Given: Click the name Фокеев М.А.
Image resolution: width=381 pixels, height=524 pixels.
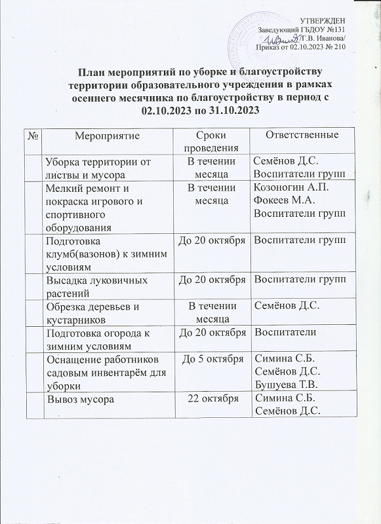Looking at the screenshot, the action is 283,201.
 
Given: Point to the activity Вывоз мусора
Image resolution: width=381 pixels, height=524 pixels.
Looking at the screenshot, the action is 79,398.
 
